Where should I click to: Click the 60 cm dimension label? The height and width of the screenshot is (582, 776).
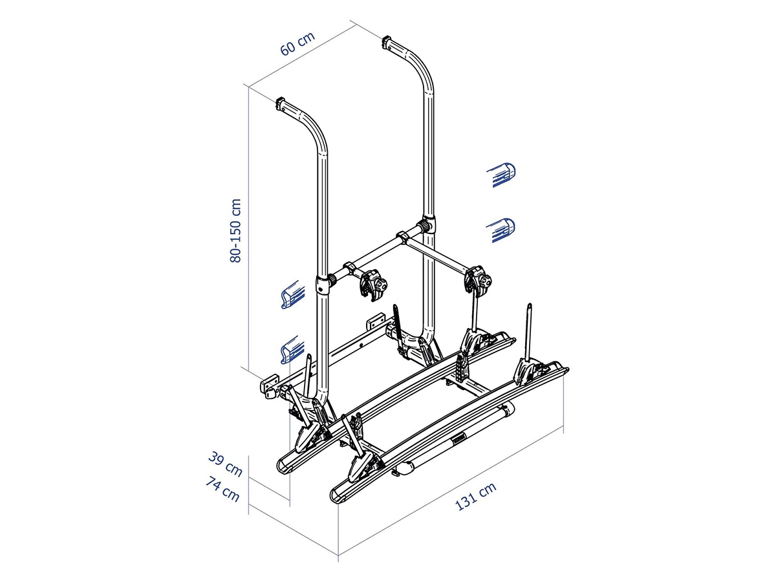click(x=297, y=44)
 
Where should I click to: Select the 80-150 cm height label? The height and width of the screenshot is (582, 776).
click(x=235, y=230)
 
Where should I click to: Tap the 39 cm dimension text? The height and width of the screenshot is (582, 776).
click(x=225, y=464)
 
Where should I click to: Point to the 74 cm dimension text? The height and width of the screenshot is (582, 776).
click(x=222, y=489)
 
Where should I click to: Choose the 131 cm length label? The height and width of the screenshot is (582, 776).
click(x=475, y=497)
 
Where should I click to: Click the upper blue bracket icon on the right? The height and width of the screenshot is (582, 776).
click(x=501, y=175)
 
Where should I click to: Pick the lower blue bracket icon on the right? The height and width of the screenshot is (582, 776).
click(x=501, y=230)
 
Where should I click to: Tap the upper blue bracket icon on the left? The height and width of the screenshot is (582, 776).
click(x=293, y=295)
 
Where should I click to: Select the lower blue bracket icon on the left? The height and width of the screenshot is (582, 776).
click(x=292, y=349)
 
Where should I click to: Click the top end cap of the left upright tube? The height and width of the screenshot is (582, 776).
click(x=282, y=103)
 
